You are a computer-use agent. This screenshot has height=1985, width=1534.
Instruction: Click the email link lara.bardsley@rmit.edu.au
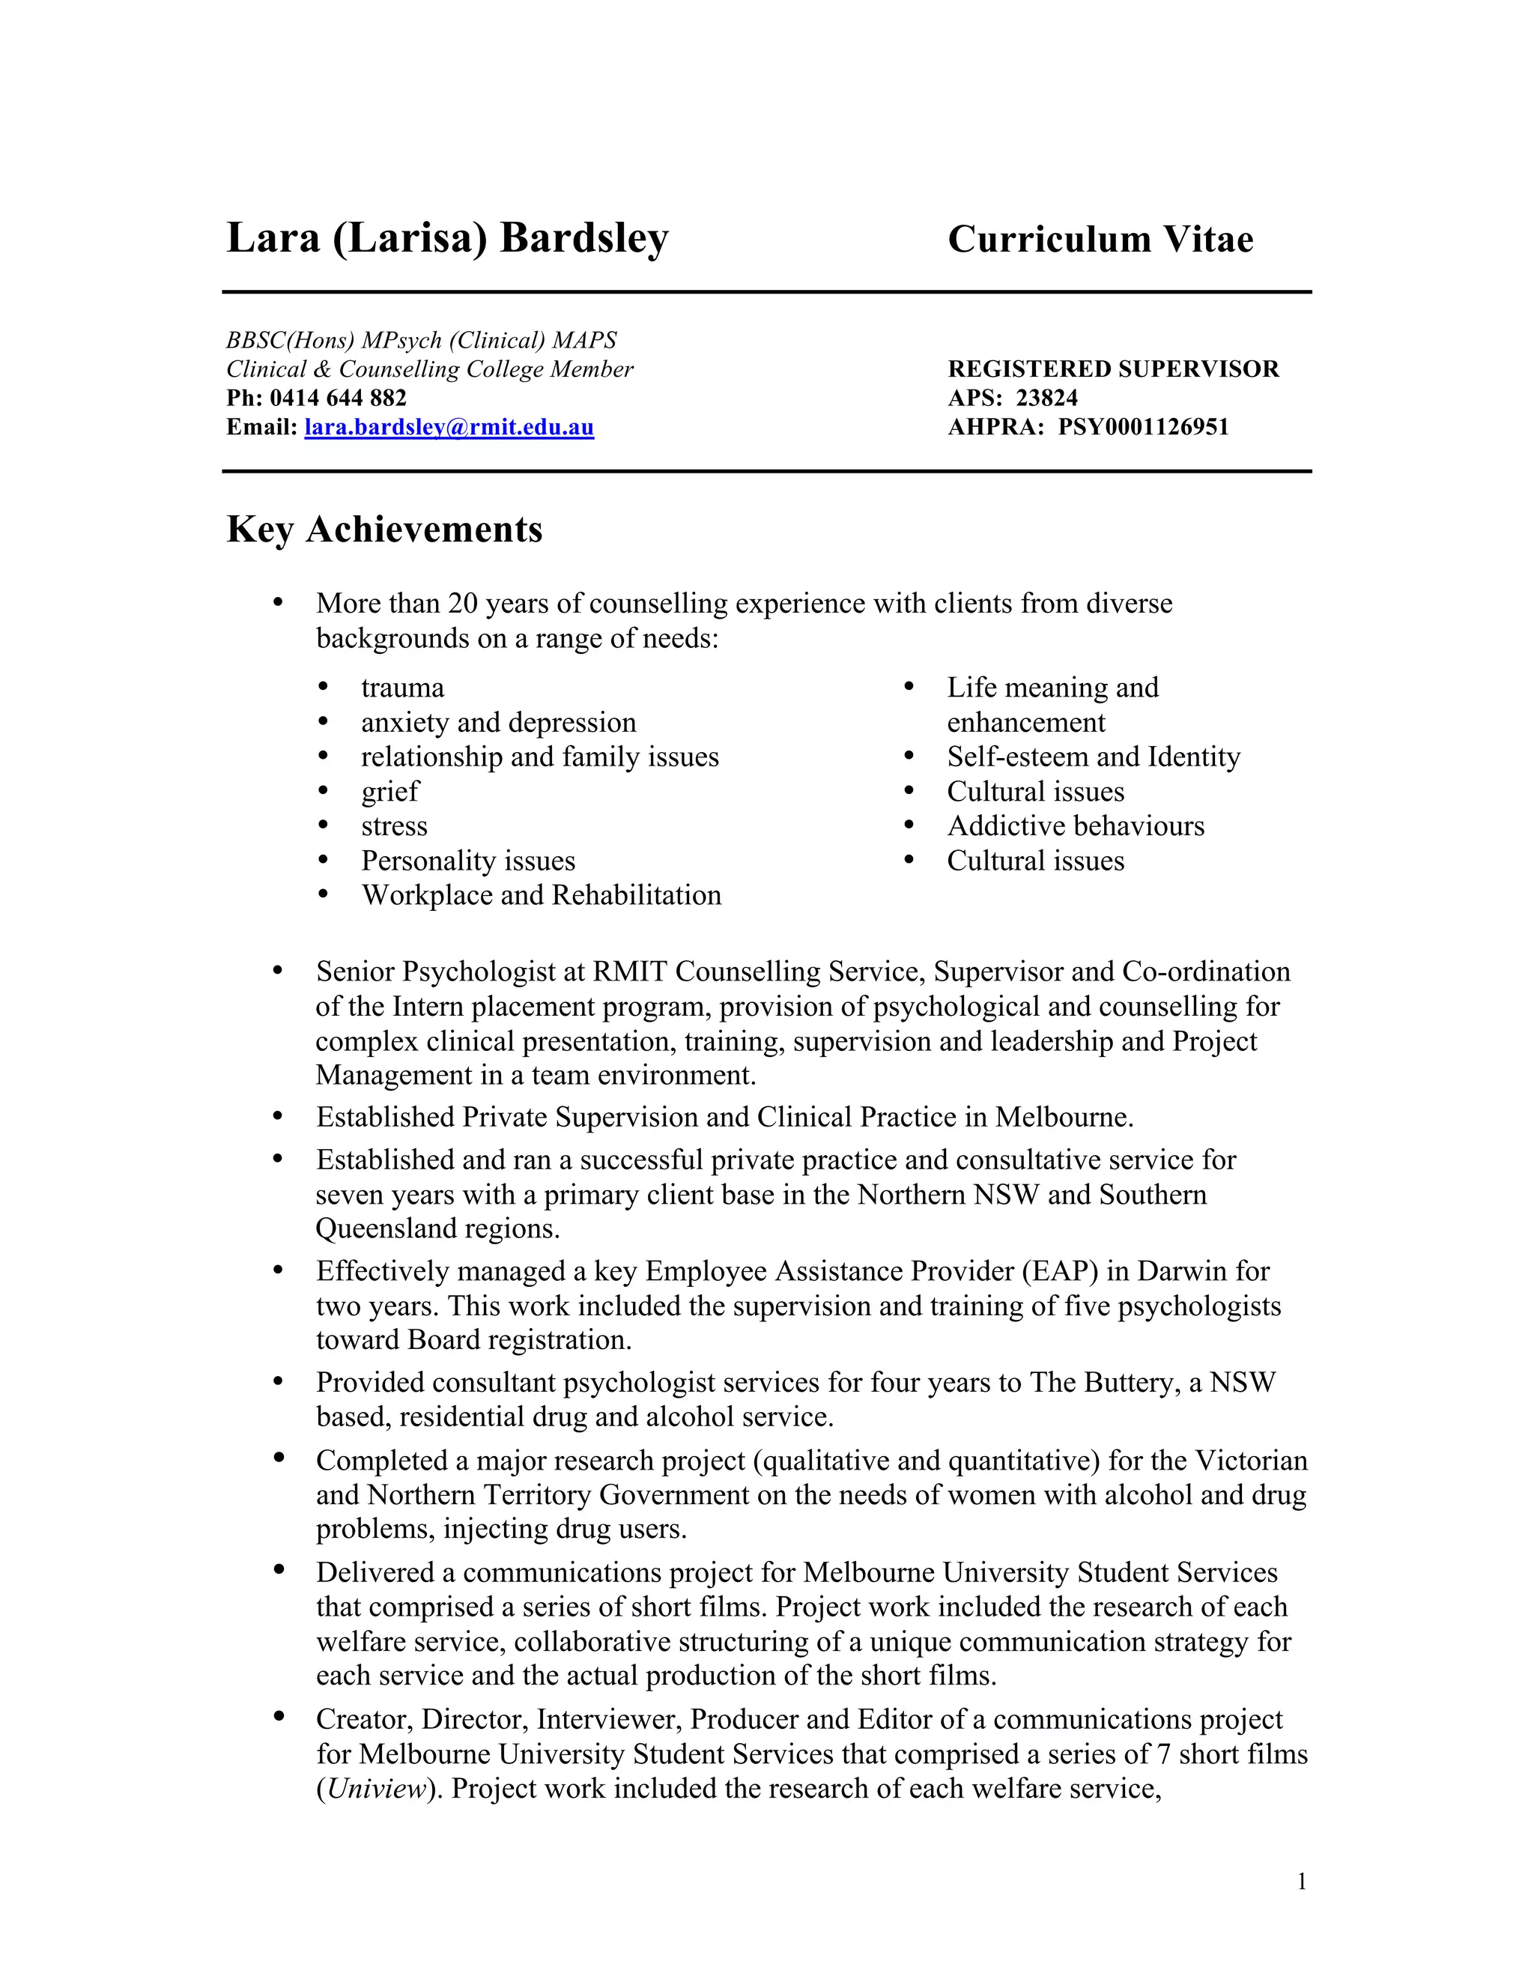coord(449,427)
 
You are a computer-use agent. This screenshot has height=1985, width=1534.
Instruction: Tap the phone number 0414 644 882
coord(338,398)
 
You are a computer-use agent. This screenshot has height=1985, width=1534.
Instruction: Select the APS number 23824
coord(1047,398)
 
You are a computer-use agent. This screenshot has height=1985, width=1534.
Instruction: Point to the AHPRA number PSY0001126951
coord(1142,427)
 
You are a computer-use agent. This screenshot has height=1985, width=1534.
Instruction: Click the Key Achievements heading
coord(384,530)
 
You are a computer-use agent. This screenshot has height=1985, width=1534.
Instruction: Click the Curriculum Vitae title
coord(1100,240)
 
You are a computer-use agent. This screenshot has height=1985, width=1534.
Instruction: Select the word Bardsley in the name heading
coord(583,238)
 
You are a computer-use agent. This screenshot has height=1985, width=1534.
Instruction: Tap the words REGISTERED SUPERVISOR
coord(1113,369)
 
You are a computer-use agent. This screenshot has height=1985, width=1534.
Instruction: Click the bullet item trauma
coord(402,688)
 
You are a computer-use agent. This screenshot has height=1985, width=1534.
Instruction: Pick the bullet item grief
coord(389,792)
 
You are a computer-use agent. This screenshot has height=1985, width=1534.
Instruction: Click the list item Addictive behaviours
coord(1075,826)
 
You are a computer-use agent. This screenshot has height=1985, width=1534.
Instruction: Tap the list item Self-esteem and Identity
coord(1094,757)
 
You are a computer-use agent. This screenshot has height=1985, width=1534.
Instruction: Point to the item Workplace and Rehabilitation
coord(541,895)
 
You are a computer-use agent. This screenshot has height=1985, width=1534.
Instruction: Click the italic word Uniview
coord(376,1789)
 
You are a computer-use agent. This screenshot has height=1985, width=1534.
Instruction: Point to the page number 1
coord(1301,1882)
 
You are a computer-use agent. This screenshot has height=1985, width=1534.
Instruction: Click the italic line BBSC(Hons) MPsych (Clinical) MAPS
coord(421,340)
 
